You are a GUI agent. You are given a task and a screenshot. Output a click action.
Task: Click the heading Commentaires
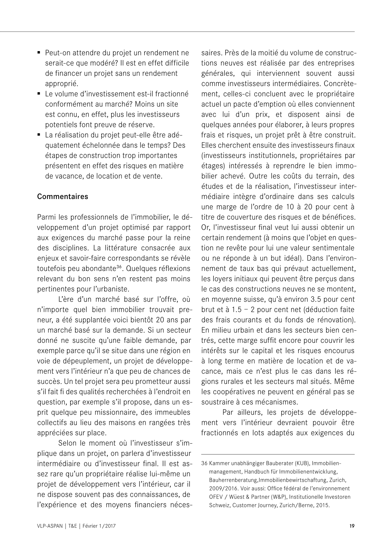pyautogui.click(x=63, y=197)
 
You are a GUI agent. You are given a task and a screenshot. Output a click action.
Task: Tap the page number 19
pyautogui.click(x=352, y=526)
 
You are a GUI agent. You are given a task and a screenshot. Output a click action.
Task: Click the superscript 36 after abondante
pyautogui.click(x=119, y=267)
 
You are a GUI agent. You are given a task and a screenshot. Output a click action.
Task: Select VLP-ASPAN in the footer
pyautogui.click(x=50, y=526)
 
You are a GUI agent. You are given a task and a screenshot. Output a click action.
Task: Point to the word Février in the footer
pyautogui.click(x=91, y=526)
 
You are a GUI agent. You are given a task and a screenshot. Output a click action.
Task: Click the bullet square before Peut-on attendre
pyautogui.click(x=39, y=53)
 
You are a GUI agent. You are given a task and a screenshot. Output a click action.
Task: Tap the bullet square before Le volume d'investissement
pyautogui.click(x=39, y=94)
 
